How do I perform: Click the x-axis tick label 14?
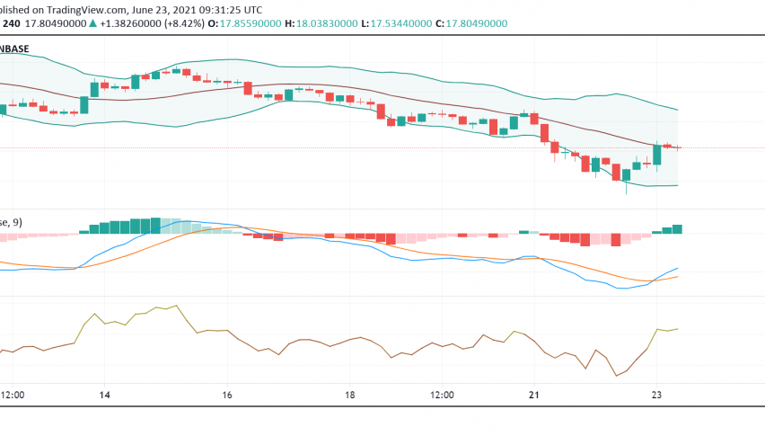point(104,395)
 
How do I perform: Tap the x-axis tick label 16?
point(227,395)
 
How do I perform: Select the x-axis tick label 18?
point(350,395)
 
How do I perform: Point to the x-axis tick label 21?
point(533,395)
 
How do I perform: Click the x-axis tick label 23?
point(656,395)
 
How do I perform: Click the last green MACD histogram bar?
point(677,229)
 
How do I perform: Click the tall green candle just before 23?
point(657,156)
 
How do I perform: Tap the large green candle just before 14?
point(84,104)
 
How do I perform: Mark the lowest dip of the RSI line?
point(617,375)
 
